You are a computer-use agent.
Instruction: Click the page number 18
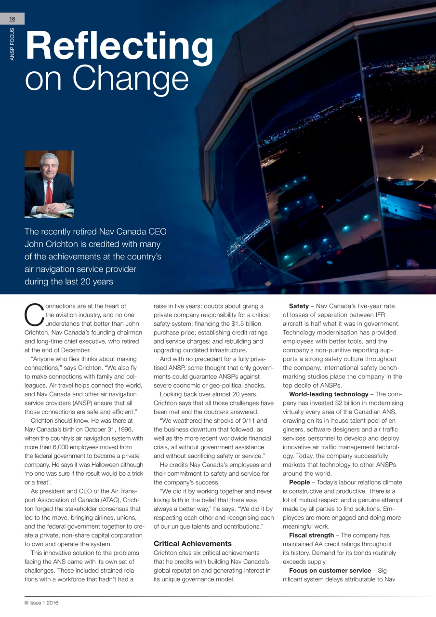point(12,18)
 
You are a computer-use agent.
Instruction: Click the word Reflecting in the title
point(119,46)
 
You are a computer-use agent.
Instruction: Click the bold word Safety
point(299,306)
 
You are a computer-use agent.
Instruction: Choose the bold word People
point(299,483)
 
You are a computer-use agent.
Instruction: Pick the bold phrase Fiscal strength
point(311,535)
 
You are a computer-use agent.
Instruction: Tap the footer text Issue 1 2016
point(43,603)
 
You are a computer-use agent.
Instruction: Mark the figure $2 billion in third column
point(333,403)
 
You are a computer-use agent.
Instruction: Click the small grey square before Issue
point(26,603)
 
